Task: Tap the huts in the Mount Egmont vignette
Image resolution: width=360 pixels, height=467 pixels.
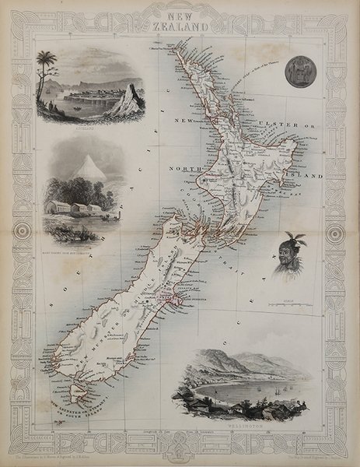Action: coord(75,209)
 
